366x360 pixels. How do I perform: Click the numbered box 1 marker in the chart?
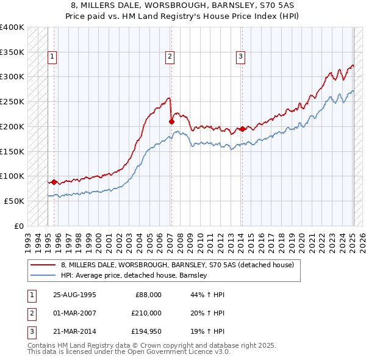(52, 57)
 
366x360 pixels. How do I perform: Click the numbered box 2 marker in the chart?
(169, 57)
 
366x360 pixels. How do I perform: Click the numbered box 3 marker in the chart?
(241, 57)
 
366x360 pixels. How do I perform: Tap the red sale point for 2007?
(171, 121)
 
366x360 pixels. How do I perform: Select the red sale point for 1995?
(54, 182)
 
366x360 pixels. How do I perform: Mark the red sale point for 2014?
(242, 129)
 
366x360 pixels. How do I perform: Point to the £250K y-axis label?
(12, 102)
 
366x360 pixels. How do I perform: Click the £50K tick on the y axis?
(14, 201)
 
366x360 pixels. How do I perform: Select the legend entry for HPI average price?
(134, 276)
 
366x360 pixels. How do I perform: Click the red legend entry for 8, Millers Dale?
(178, 265)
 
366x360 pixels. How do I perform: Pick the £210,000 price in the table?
(146, 312)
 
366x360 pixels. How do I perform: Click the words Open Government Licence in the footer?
(176, 352)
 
